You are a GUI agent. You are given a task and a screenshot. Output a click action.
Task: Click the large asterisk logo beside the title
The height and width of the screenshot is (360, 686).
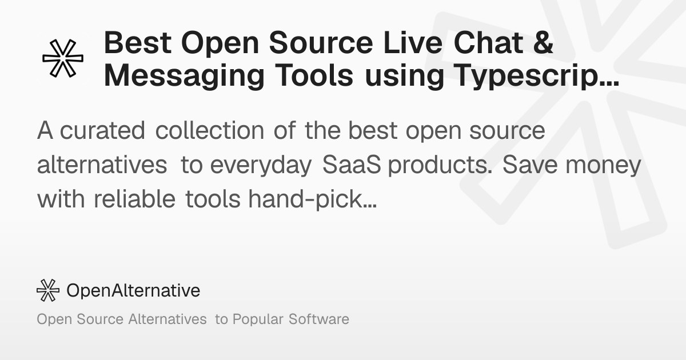tap(63, 58)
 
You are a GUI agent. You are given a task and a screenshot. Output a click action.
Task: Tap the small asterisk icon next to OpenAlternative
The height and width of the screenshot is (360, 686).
tap(48, 290)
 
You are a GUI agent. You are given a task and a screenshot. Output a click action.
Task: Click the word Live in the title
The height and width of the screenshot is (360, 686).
tap(413, 42)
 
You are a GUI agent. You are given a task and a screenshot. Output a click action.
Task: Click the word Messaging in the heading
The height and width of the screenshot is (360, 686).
tap(184, 76)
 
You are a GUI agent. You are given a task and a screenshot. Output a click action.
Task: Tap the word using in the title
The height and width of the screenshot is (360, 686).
tap(405, 76)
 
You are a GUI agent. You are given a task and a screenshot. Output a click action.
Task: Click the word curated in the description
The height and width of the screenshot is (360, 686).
tap(102, 130)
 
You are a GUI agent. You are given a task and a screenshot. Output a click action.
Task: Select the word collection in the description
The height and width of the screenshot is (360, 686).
tap(210, 130)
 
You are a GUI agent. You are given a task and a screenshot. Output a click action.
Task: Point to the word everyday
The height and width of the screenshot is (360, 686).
tap(261, 165)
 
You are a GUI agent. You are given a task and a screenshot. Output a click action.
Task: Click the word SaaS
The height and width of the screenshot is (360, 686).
tap(352, 165)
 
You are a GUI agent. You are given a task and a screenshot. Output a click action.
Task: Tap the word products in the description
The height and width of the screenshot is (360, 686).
tap(440, 165)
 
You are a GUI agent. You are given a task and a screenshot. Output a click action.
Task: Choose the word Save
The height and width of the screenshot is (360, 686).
tap(530, 165)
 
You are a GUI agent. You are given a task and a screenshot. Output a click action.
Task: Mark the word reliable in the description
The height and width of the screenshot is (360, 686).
tap(134, 199)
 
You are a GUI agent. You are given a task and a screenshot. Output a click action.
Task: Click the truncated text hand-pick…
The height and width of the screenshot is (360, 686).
tap(312, 199)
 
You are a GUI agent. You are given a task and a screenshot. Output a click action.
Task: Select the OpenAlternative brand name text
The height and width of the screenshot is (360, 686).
tap(133, 290)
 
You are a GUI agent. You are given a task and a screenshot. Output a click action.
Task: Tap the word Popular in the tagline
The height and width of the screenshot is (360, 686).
tap(258, 319)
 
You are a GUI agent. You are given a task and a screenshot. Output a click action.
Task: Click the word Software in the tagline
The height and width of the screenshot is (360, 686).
tap(319, 319)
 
